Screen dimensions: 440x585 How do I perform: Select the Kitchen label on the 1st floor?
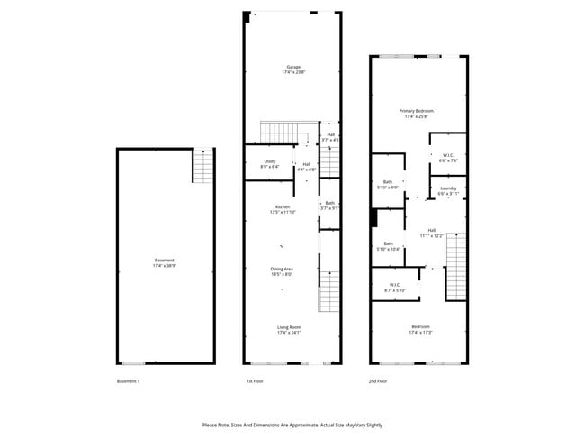tap(283, 209)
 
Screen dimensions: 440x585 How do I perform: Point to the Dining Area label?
tap(283, 270)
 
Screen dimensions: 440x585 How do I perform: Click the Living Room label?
tap(289, 329)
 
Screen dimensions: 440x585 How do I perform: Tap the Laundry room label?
tap(448, 190)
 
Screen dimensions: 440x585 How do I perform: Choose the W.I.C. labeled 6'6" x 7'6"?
tap(448, 158)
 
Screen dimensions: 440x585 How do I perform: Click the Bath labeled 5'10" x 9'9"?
tap(388, 184)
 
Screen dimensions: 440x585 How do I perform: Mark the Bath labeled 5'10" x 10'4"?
tap(389, 245)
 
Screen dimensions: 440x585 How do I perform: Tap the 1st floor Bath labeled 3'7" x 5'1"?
tap(329, 206)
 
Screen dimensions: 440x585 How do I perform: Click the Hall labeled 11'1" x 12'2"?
tap(432, 233)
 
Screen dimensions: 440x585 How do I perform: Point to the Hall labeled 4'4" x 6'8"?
tap(306, 166)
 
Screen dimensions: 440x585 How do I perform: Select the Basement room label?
tap(165, 262)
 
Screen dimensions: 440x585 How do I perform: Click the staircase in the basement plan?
tap(204, 166)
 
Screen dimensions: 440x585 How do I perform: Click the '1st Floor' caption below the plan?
tap(255, 382)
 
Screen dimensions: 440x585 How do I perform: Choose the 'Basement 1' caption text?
tap(129, 382)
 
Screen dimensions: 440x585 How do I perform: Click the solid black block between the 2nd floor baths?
tap(373, 219)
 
